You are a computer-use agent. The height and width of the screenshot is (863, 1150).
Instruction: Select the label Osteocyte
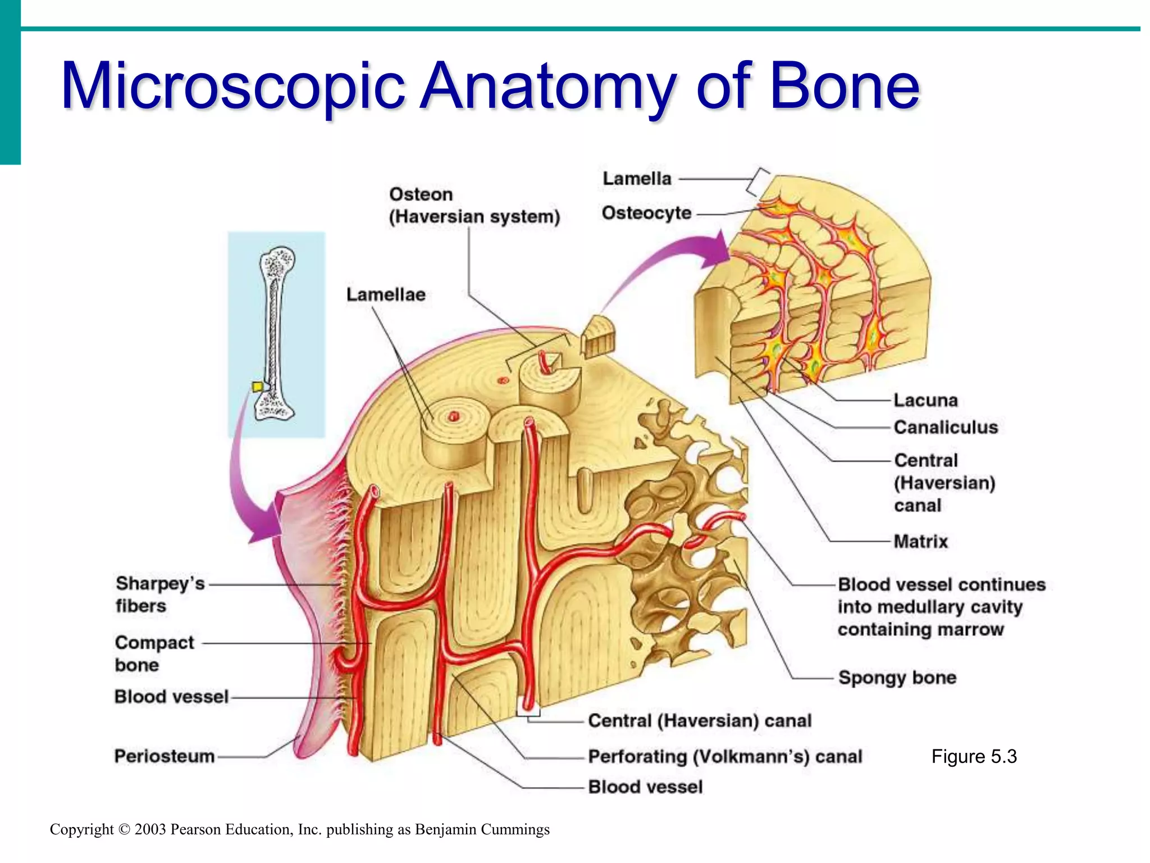646,213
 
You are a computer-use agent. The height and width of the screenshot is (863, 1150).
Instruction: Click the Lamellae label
386,294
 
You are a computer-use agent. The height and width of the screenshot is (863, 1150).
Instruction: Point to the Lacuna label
925,400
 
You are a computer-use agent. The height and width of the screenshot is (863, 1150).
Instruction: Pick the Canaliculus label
946,427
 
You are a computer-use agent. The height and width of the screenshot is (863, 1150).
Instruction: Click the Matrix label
920,541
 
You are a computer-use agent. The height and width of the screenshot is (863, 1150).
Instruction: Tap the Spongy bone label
897,677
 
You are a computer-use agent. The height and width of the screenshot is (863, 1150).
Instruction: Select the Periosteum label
165,756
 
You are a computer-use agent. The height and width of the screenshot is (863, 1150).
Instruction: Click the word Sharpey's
160,584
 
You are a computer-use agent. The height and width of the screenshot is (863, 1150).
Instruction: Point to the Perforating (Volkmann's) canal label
724,756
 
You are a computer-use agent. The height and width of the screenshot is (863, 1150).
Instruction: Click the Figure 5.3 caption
974,756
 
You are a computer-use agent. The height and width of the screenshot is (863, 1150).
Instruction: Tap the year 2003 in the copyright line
150,829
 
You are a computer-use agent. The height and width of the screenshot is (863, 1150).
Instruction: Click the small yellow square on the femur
257,387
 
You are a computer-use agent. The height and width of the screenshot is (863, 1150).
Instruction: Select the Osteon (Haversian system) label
474,205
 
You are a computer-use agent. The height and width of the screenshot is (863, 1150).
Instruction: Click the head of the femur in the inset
278,262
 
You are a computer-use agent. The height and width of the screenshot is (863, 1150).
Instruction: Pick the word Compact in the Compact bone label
154,642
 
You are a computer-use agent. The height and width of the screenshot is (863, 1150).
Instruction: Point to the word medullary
930,607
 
